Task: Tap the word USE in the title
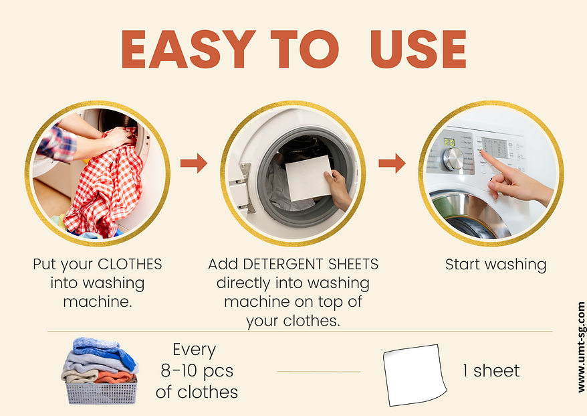pyautogui.click(x=419, y=49)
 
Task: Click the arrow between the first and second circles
pyautogui.click(x=193, y=163)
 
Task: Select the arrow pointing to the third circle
pyautogui.click(x=392, y=163)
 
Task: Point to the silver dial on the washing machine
pyautogui.click(x=453, y=158)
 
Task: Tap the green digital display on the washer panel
pyautogui.click(x=449, y=142)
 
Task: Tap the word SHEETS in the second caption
pyautogui.click(x=354, y=264)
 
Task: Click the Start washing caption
pyautogui.click(x=495, y=265)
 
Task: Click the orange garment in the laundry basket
pyautogui.click(x=114, y=376)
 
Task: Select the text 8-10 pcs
pyautogui.click(x=197, y=371)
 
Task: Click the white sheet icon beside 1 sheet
pyautogui.click(x=415, y=374)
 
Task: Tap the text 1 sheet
pyautogui.click(x=491, y=371)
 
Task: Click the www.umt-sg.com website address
pyautogui.click(x=581, y=348)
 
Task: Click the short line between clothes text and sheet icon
pyautogui.click(x=319, y=372)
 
